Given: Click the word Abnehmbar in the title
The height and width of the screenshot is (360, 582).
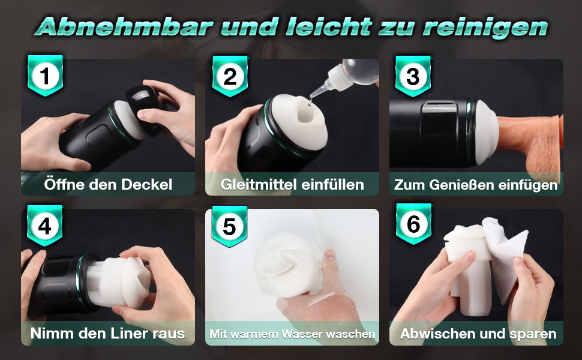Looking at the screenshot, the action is pos(124,27).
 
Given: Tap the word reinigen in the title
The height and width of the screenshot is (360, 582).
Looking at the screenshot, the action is pos(485,28).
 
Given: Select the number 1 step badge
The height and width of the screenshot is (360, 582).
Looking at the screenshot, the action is pos(45,76).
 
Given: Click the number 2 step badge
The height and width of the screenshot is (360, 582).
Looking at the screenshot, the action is pos(230,76).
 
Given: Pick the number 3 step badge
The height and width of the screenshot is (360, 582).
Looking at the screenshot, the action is pos(413,76).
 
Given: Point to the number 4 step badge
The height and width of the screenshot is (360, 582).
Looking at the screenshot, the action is pos(45,226).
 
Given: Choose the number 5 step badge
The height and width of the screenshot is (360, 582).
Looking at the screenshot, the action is pos(229,226).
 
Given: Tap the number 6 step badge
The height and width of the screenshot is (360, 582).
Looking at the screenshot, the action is pos(413,224).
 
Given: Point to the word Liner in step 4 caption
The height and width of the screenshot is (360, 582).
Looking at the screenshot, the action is pos(131,333).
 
